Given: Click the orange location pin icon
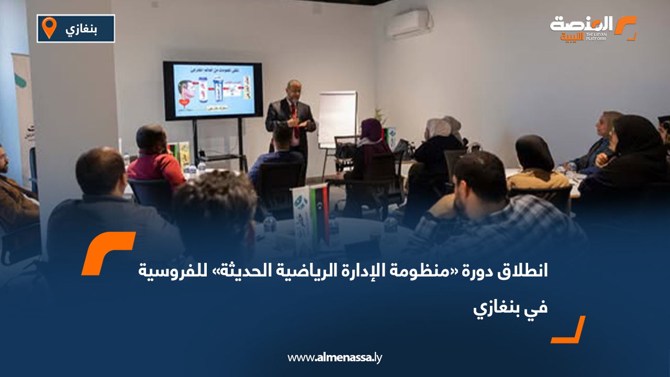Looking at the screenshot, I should [x=49, y=27].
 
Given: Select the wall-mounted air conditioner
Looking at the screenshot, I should [x=407, y=24].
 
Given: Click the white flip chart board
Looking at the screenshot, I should [x=338, y=118].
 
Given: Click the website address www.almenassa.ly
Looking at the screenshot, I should [x=335, y=358].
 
